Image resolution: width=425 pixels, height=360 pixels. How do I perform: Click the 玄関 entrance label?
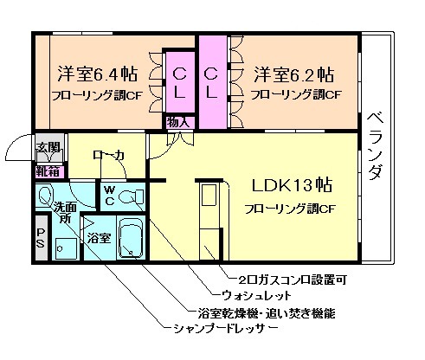48,148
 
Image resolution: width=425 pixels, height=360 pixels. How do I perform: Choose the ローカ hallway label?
108,156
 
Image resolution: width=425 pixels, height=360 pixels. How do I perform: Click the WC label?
110,194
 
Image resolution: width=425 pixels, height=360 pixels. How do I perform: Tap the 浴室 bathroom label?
99,236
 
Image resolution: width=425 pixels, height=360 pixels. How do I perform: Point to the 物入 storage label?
177,122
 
